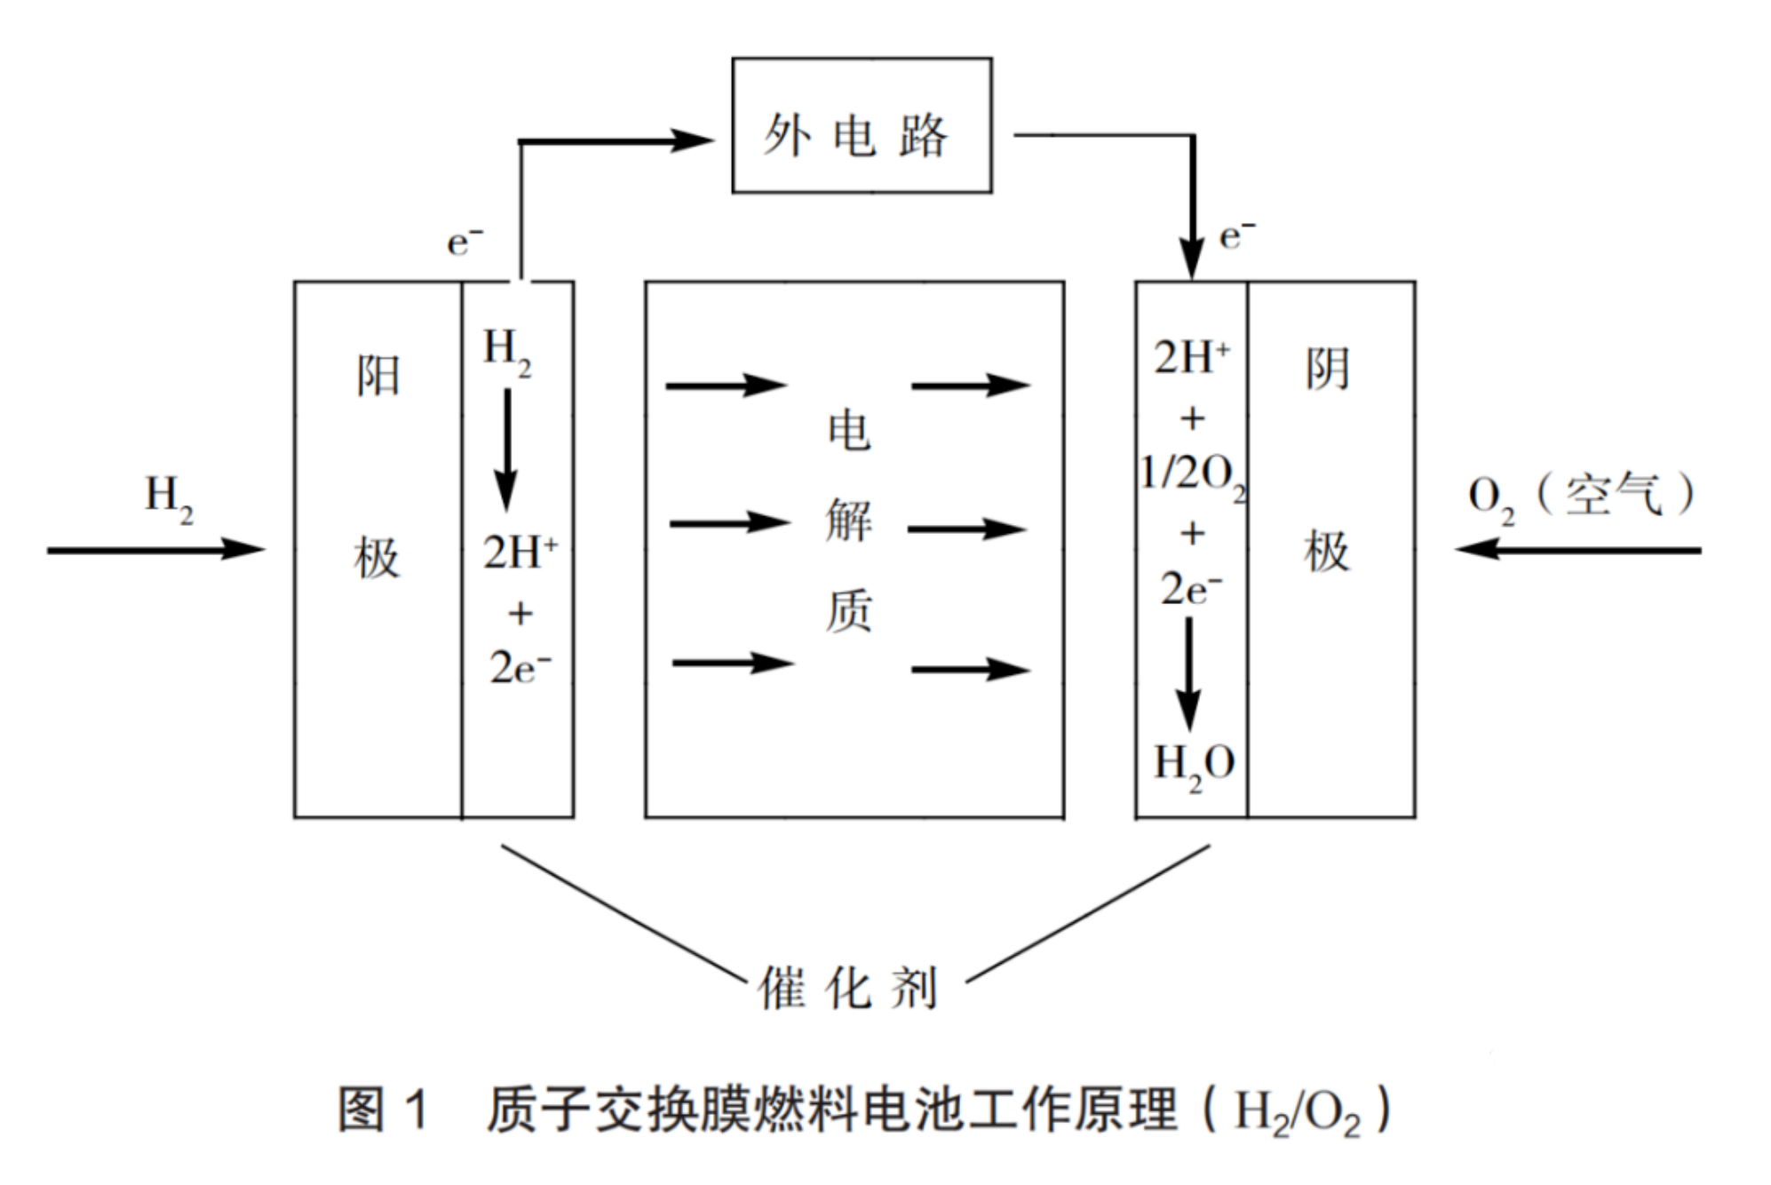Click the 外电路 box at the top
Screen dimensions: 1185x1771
tap(861, 125)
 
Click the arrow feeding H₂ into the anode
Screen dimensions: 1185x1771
tap(155, 550)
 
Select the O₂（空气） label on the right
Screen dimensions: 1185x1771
tap(1580, 496)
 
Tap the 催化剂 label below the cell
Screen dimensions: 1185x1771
tap(847, 988)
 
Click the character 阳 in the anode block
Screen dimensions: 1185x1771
tap(378, 375)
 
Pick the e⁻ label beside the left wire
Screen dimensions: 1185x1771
tap(465, 241)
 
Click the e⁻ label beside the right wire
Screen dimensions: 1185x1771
tap(1237, 235)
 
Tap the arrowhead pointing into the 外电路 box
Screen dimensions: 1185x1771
tap(693, 140)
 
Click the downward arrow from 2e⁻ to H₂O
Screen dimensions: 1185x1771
tap(1188, 675)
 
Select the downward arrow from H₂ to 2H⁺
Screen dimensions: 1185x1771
tap(506, 450)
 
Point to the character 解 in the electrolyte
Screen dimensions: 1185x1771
tap(848, 521)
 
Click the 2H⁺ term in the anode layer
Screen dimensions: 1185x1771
tap(520, 553)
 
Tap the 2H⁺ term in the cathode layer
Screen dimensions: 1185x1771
tap(1191, 357)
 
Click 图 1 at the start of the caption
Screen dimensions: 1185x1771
tap(384, 1109)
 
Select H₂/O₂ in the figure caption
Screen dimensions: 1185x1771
tap(1296, 1111)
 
